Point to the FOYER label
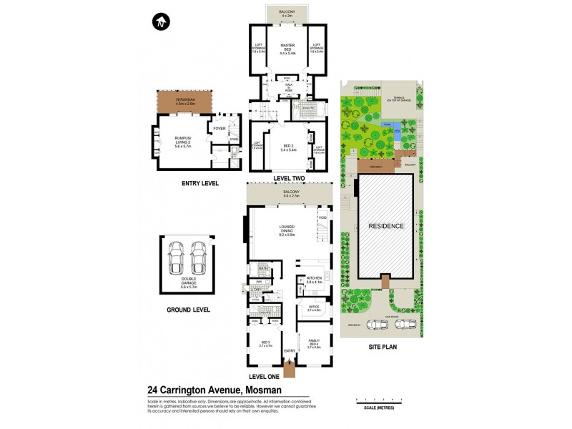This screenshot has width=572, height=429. (220, 129)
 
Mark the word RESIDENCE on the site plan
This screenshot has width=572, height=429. (386, 226)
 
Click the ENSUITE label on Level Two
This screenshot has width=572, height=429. (311, 107)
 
